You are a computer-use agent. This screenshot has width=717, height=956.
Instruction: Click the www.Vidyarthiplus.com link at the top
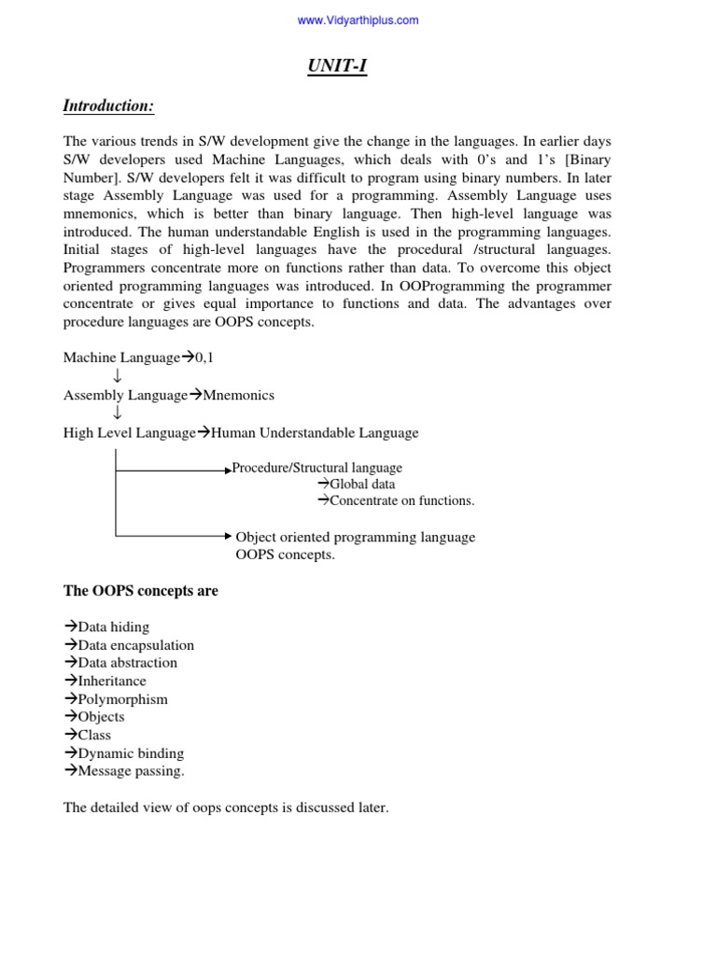click(358, 21)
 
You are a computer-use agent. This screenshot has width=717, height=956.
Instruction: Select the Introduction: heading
click(108, 106)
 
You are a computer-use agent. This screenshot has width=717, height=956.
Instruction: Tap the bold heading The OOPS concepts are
click(140, 591)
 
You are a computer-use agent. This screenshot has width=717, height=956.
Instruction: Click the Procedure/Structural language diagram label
click(317, 468)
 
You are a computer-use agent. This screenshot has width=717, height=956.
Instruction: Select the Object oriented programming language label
click(355, 537)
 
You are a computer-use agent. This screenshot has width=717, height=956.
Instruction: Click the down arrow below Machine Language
click(117, 376)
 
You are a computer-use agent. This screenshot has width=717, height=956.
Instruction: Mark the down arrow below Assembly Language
click(117, 414)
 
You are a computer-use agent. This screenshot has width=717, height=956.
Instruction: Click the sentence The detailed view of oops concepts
click(225, 808)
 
